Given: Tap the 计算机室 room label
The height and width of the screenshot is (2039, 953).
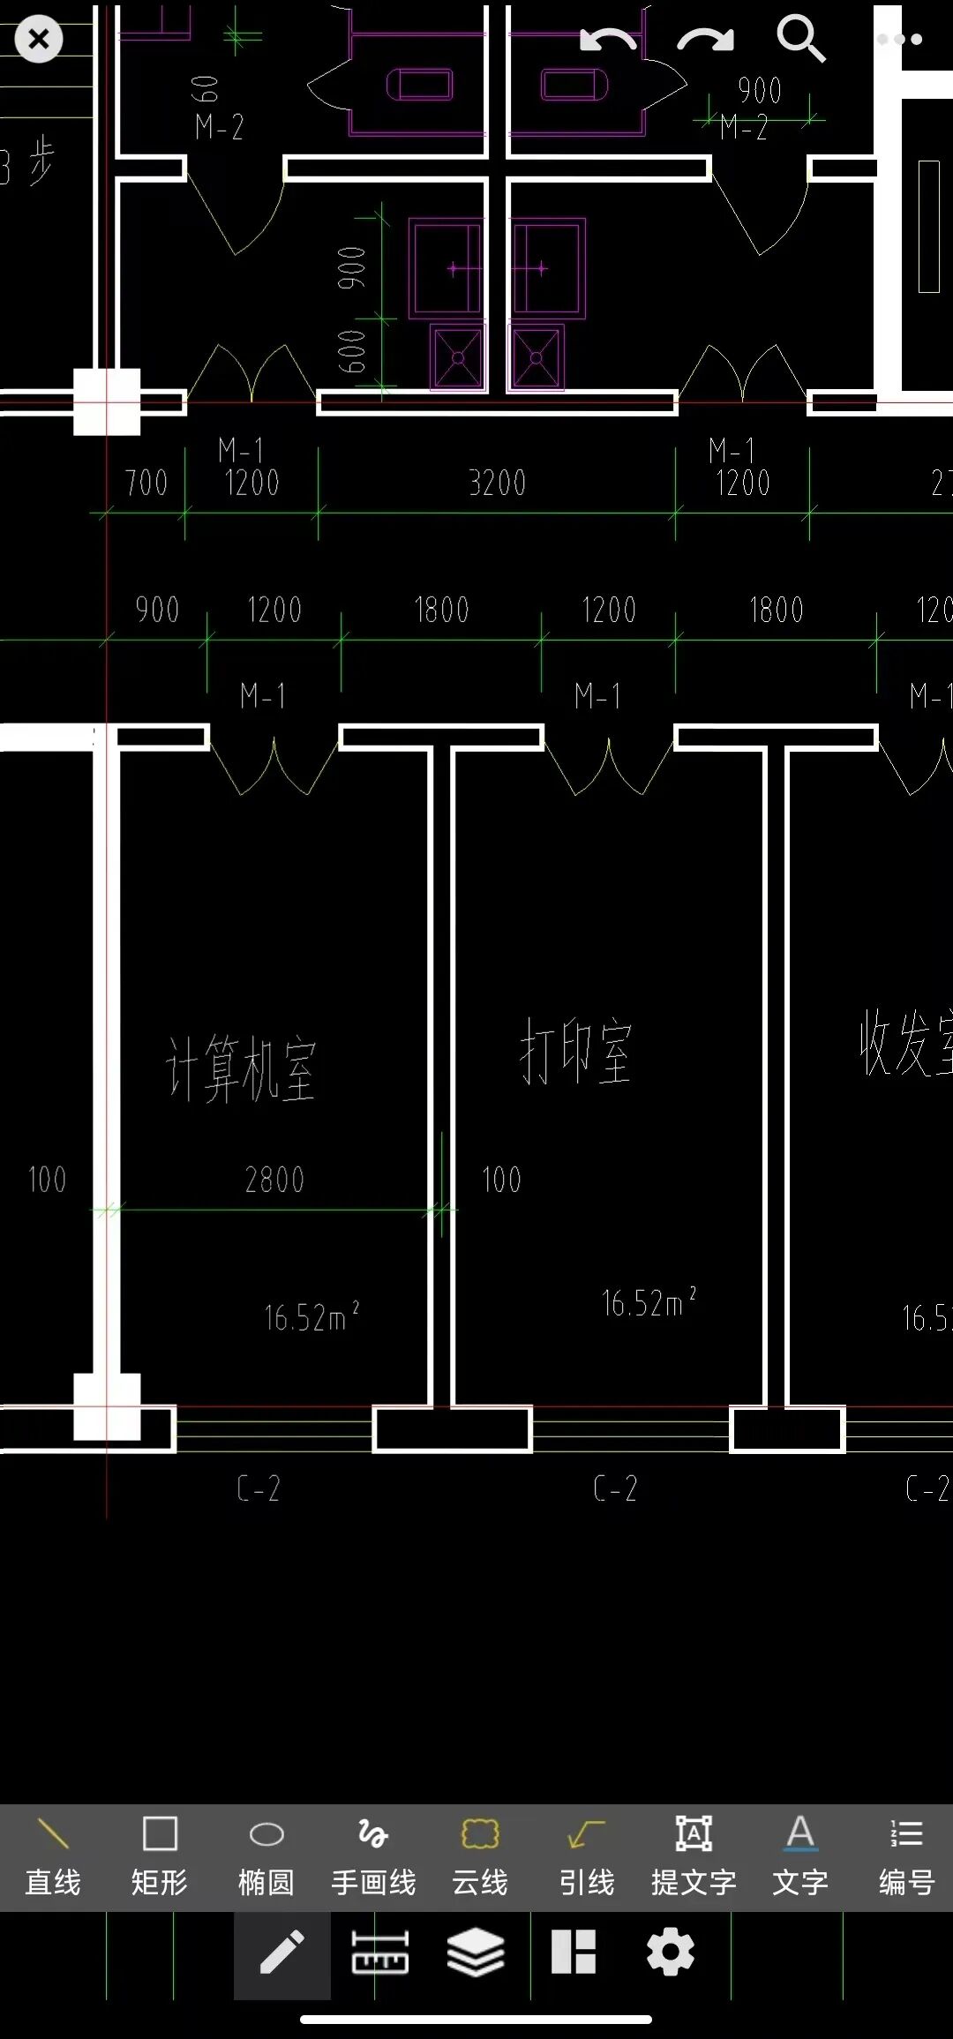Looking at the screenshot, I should (x=240, y=1068).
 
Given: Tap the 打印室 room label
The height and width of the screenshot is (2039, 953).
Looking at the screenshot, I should (x=575, y=1051).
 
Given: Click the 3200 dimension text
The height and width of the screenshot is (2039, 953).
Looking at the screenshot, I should (x=497, y=484).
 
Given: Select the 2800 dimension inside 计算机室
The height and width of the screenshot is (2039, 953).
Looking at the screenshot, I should (x=274, y=1180).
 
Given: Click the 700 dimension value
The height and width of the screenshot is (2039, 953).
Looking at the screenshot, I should (x=146, y=484).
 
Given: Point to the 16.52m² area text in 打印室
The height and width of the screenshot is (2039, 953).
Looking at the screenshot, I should (x=648, y=1302).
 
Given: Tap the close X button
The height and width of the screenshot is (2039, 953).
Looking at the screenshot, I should (x=39, y=40).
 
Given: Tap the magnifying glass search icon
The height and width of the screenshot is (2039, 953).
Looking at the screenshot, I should (x=800, y=39).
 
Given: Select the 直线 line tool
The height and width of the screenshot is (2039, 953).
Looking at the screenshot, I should (x=53, y=1855).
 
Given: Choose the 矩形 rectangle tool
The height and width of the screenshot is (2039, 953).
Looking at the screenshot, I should (x=160, y=1855).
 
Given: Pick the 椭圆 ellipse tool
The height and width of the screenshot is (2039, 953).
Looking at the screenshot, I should (x=266, y=1855).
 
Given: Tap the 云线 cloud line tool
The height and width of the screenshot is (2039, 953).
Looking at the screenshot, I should (x=480, y=1855).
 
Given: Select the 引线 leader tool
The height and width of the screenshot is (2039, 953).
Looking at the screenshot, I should (x=587, y=1855).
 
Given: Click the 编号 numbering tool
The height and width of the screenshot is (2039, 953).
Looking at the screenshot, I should (x=906, y=1855).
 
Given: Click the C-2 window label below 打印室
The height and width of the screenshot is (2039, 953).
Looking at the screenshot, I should (x=615, y=1488).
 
